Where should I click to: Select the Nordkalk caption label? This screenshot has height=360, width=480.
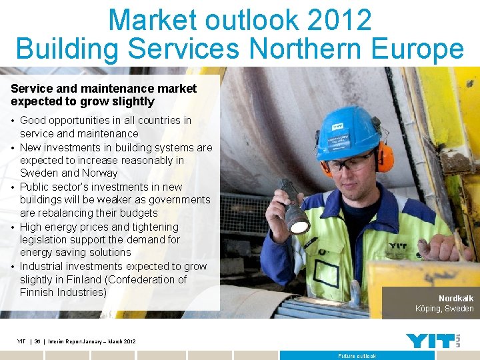click(x=456, y=298)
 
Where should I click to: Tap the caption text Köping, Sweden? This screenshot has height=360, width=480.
click(x=444, y=309)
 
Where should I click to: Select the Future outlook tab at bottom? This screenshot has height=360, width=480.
click(x=357, y=356)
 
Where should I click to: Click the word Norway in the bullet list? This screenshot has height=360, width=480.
click(x=99, y=173)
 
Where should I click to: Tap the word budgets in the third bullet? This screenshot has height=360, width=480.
click(x=137, y=213)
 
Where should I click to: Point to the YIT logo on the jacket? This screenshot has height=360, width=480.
click(x=398, y=246)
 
